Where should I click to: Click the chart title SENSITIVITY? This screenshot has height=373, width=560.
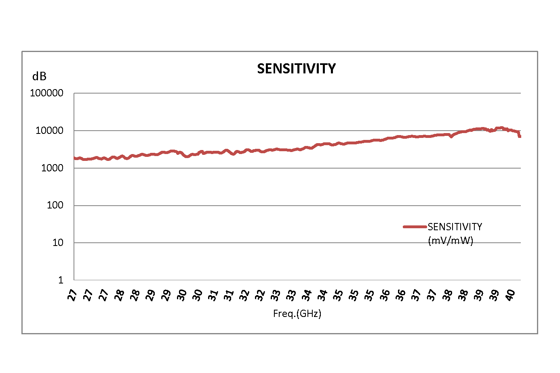(x=296, y=69)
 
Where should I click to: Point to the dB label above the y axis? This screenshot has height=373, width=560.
(x=39, y=76)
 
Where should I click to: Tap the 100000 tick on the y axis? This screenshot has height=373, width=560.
(x=46, y=93)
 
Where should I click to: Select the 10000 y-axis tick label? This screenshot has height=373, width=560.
(x=49, y=131)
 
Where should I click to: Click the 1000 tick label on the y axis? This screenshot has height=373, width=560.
(x=52, y=168)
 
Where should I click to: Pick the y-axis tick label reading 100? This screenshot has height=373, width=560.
(x=55, y=205)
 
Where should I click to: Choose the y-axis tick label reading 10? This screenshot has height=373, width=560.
(x=58, y=243)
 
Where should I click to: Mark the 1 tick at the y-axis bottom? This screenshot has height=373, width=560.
(x=61, y=280)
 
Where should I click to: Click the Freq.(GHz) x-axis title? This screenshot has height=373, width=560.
(x=297, y=314)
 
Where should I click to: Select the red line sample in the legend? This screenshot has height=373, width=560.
(x=415, y=227)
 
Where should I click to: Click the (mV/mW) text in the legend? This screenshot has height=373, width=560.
(x=450, y=241)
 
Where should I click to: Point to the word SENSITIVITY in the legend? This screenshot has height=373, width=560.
(x=455, y=227)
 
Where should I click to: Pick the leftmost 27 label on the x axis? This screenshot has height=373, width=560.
(x=72, y=295)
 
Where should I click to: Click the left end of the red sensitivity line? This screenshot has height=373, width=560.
(x=75, y=158)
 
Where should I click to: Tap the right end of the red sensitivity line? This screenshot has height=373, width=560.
(x=520, y=136)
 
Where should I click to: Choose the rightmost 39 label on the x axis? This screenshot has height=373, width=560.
(x=494, y=295)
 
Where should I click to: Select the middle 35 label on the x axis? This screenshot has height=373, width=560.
(x=354, y=295)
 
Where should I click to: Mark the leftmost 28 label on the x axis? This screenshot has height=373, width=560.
(x=119, y=295)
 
